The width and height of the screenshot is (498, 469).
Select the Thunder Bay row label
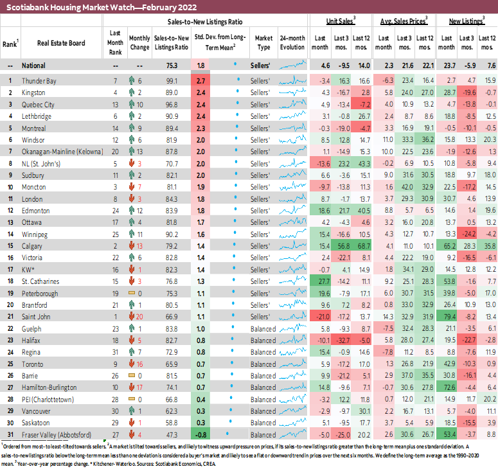point(39,81)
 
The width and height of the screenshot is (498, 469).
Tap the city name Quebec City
point(38,104)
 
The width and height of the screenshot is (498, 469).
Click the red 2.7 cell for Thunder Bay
point(200,81)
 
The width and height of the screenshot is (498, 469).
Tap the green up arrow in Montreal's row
point(131,127)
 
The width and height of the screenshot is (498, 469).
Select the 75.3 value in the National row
point(171,65)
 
